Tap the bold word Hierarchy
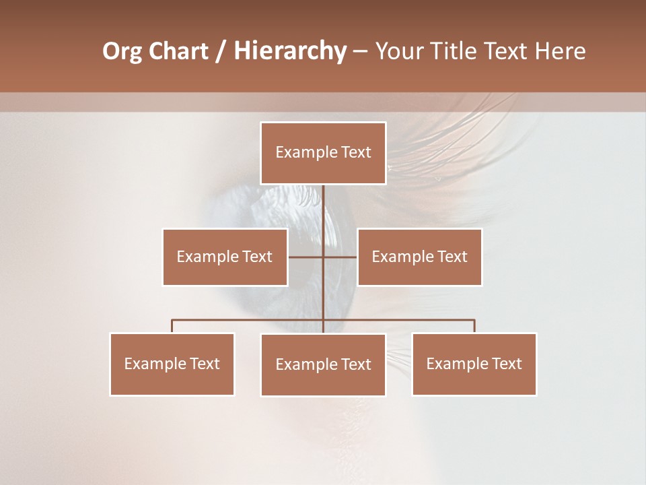[x=289, y=51]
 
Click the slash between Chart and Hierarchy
[x=221, y=51]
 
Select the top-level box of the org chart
[x=323, y=153]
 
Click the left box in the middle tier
[x=225, y=257]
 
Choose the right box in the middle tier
[x=419, y=257]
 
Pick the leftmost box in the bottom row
[x=172, y=364]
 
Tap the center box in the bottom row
[x=323, y=364]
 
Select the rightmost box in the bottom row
[x=474, y=364]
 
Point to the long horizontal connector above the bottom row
[x=249, y=320]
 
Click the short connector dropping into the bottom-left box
[x=172, y=326]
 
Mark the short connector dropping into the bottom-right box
[x=474, y=326]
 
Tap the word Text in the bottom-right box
[x=506, y=364]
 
